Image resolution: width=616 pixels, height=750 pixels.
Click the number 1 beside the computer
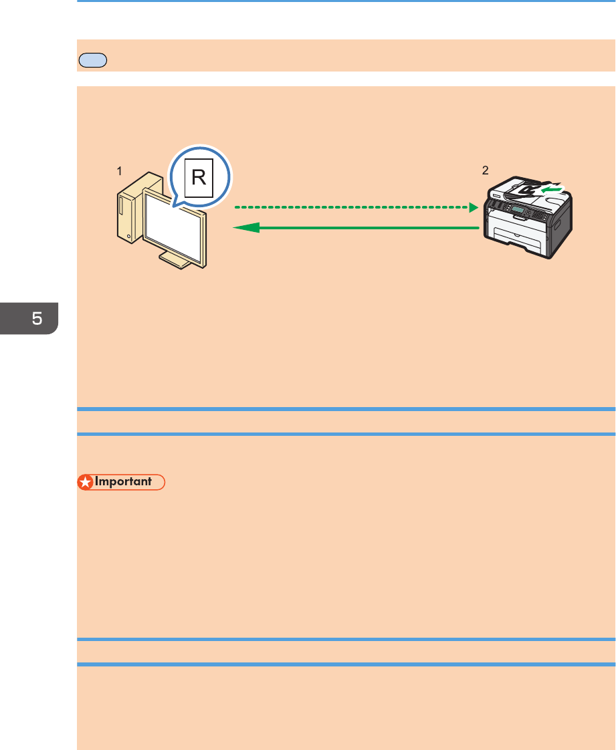120,170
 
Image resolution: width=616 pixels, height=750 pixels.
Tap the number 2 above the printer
486,170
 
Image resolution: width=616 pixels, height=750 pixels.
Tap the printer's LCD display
520,211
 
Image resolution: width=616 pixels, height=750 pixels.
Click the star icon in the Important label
85,481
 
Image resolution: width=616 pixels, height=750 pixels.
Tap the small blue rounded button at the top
92,59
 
